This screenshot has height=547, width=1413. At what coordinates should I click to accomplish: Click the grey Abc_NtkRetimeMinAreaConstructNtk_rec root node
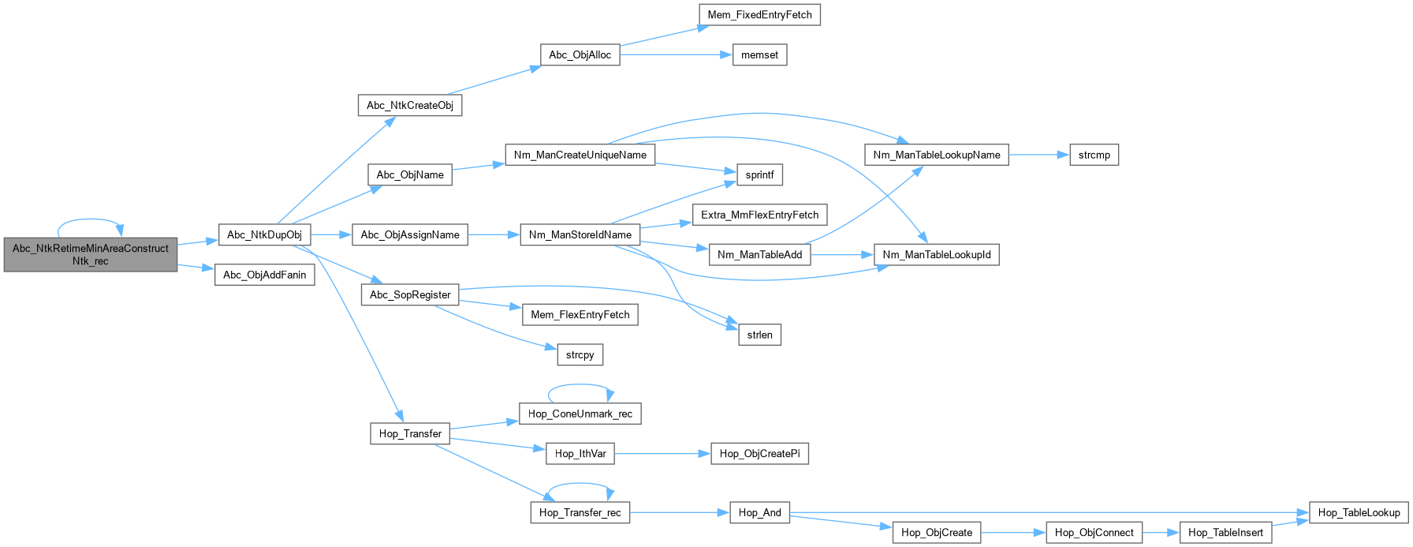91,254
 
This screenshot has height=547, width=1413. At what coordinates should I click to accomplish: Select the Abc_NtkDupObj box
264,234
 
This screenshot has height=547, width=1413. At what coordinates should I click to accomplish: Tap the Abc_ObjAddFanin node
265,275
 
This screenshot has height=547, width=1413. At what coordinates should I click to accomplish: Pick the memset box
759,55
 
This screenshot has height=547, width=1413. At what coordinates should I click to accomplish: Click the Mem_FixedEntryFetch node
759,15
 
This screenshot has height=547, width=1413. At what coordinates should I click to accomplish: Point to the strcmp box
1094,155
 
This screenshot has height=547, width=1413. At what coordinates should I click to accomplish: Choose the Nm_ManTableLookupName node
937,155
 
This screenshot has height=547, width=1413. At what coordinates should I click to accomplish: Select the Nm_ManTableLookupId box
937,255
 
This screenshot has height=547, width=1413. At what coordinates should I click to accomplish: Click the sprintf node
759,175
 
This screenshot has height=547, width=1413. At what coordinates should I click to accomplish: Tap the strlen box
759,335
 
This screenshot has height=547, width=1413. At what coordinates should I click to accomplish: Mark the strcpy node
580,355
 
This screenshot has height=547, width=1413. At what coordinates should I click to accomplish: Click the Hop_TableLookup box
1359,512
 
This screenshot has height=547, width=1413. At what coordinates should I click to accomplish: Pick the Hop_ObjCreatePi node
759,454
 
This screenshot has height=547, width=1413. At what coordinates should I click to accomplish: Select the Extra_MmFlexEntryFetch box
759,215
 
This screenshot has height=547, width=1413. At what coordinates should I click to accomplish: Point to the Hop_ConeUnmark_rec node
580,414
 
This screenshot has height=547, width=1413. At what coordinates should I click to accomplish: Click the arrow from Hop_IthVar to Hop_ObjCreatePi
662,454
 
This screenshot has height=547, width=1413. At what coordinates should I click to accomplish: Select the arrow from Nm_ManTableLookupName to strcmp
1039,155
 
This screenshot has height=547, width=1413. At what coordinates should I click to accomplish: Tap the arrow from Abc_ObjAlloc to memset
676,55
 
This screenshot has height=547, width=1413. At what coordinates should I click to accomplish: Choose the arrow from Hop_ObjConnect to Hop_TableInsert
1161,533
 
